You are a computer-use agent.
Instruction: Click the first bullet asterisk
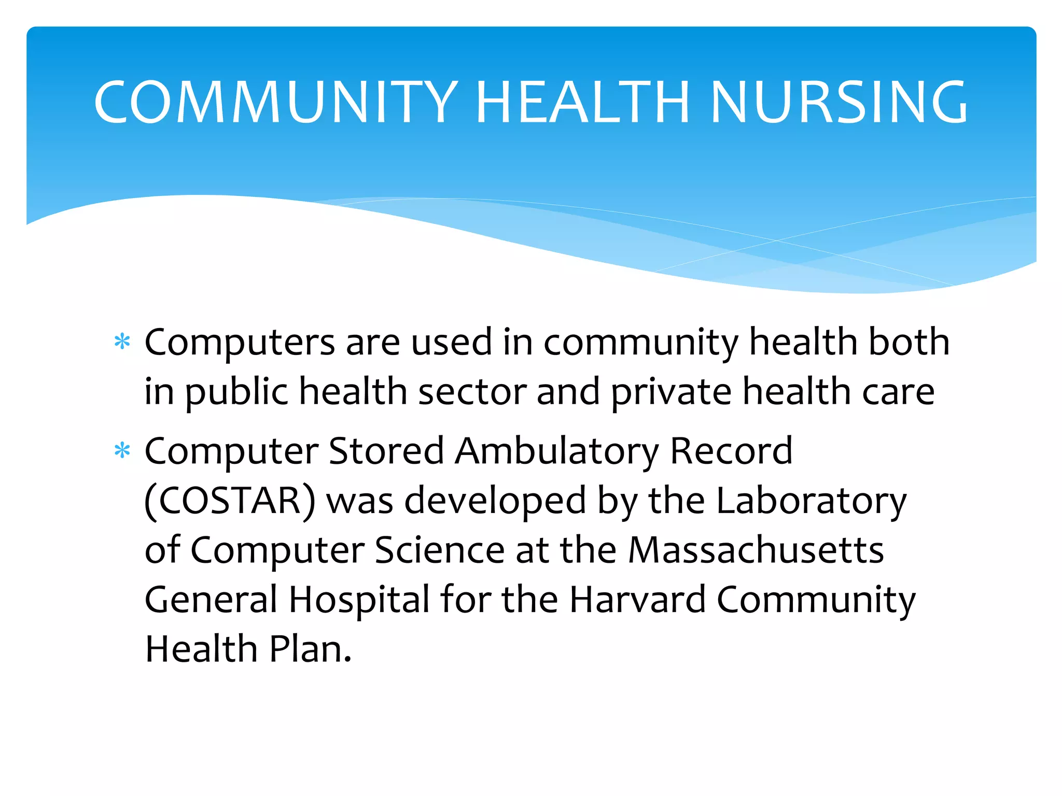122,343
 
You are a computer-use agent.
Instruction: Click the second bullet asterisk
122,451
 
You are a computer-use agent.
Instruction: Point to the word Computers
240,343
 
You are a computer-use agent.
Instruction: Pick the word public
236,392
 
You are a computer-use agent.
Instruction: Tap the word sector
472,392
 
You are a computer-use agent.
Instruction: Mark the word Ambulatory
557,451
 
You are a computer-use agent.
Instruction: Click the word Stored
386,451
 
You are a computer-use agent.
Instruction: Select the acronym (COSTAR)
230,501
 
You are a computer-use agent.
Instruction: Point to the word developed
495,501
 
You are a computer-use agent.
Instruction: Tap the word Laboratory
812,501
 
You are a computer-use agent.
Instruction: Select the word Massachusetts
756,550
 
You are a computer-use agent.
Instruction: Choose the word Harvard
638,600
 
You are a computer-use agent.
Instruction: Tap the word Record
732,451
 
